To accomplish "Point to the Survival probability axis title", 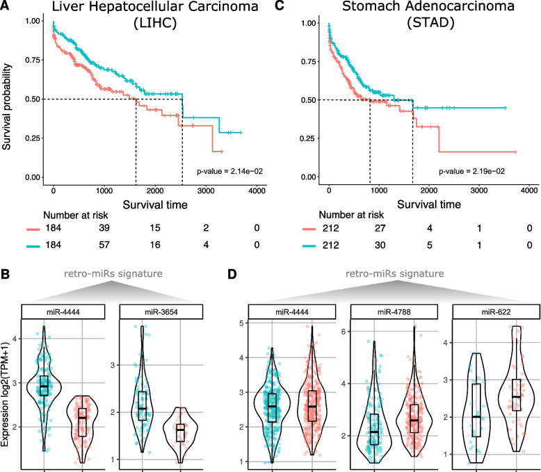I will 8,97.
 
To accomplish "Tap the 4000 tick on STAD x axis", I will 528,190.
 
